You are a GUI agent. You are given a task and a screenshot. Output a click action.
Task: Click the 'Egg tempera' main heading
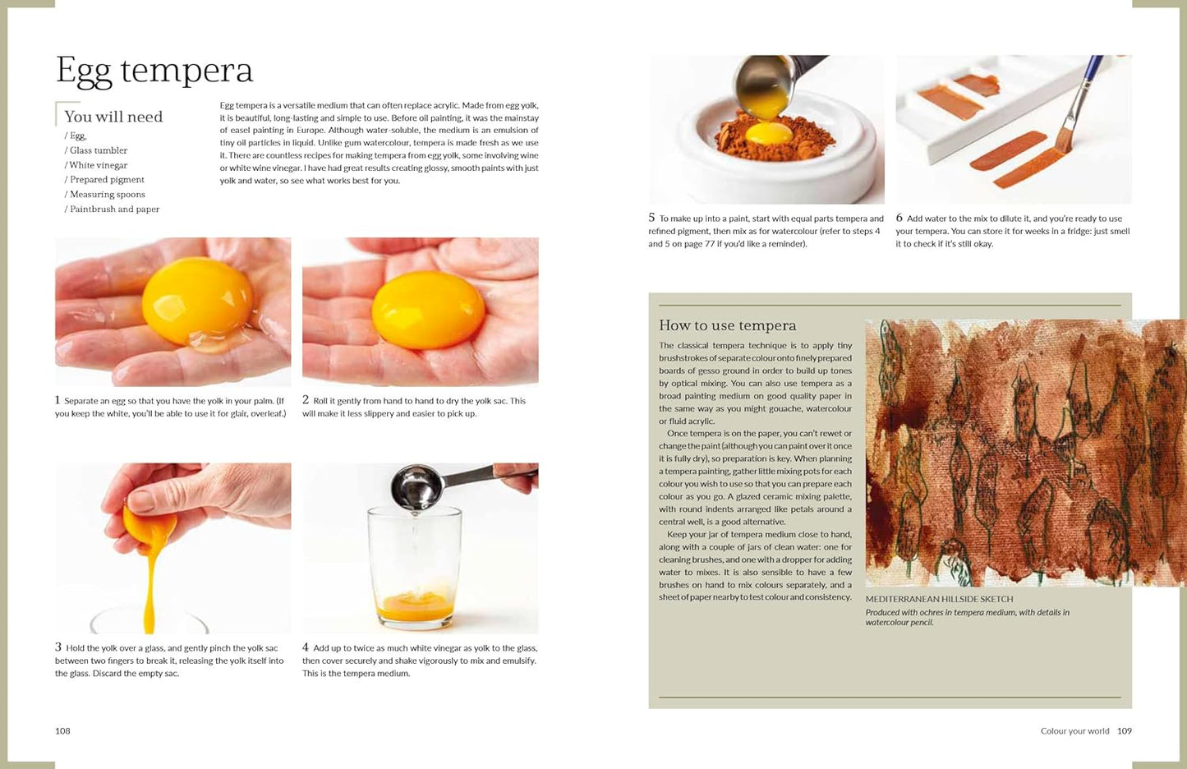[154, 70]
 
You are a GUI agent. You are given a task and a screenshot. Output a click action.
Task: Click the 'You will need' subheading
[113, 117]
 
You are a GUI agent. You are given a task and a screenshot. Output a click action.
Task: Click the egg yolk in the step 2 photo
[428, 310]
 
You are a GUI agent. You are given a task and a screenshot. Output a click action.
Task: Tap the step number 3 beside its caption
[58, 647]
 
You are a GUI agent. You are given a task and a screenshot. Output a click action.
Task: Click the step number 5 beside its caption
[651, 218]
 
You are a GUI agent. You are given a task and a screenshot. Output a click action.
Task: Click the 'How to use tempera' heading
[728, 325]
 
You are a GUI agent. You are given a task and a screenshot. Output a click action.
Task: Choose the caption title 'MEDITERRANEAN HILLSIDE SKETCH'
[940, 599]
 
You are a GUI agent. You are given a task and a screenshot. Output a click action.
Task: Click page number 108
[62, 731]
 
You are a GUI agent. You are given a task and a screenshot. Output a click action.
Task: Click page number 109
[1125, 731]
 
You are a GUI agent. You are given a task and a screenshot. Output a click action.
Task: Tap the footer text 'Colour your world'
[1074, 731]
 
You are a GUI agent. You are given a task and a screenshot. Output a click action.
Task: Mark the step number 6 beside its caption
[899, 218]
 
